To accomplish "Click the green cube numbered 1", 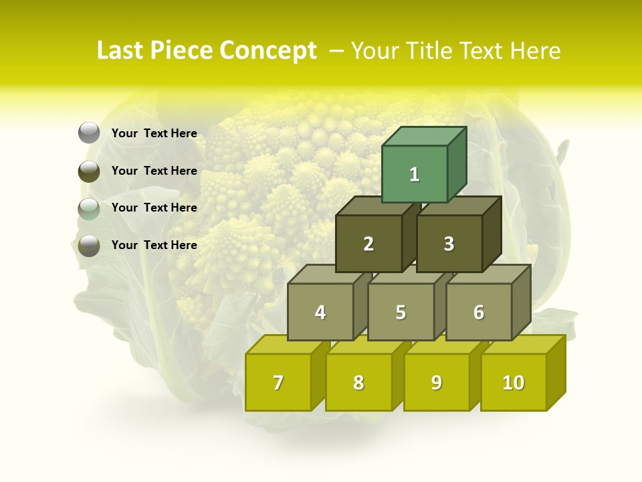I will tap(415, 174).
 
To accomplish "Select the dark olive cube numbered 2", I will tap(368, 244).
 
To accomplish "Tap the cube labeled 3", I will tap(449, 244).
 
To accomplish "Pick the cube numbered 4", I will tap(320, 312).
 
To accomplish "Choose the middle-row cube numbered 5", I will tap(401, 312).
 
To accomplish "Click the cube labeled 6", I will tap(479, 312).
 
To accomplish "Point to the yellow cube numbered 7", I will tap(278, 382).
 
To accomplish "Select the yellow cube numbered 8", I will tap(358, 382).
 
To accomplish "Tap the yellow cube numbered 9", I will tap(437, 382).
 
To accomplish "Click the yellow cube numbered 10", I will tap(514, 382).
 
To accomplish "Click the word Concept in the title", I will tap(267, 51).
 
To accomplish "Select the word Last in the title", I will tap(122, 51).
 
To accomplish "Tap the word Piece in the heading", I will tap(182, 51).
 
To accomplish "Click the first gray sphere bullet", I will tap(89, 133).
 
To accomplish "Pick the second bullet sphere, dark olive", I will tap(89, 171).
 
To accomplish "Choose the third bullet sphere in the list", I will tap(89, 209).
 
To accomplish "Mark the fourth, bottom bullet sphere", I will tap(89, 246).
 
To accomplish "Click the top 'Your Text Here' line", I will tap(154, 133).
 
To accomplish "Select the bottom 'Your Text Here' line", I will tap(154, 245).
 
